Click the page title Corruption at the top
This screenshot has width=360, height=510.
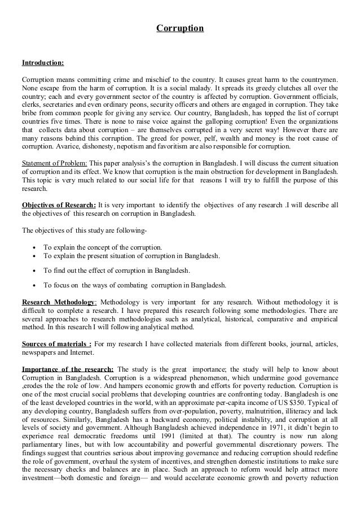pyautogui.click(x=180, y=27)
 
